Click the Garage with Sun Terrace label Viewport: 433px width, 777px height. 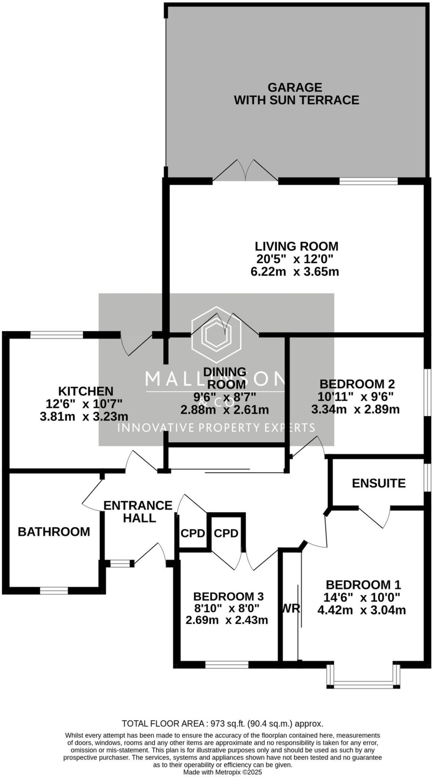[296, 94]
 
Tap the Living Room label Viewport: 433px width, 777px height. [296, 246]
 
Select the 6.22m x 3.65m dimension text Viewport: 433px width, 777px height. [295, 272]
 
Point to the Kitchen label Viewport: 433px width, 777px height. [86, 391]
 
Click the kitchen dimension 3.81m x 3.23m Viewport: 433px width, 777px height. [84, 417]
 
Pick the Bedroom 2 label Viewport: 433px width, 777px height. [357, 384]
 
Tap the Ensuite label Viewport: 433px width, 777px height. [378, 483]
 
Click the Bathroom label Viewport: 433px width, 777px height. [54, 532]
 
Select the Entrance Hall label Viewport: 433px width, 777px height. [138, 511]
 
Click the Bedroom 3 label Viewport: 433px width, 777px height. [228, 596]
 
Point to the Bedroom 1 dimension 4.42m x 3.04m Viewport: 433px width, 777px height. [361, 610]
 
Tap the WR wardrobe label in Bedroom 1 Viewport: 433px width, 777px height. [291, 609]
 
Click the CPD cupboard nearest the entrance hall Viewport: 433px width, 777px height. [193, 533]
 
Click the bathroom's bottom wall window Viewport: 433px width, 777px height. [54, 591]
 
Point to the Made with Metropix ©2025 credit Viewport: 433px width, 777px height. [222, 772]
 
